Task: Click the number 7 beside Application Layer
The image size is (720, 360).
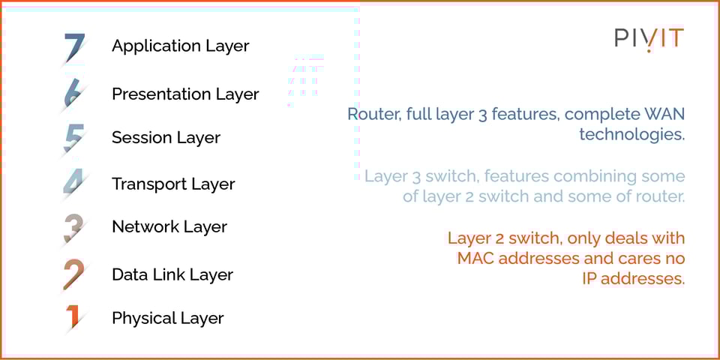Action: [74, 47]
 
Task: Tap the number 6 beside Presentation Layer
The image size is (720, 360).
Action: [73, 94]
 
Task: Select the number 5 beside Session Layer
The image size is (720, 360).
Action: [73, 138]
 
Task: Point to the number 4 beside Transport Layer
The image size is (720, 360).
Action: [73, 184]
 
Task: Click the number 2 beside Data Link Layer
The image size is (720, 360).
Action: [73, 274]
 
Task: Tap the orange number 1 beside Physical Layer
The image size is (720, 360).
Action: [73, 317]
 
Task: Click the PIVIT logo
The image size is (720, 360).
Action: [649, 39]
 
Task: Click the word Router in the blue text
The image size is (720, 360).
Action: [370, 115]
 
